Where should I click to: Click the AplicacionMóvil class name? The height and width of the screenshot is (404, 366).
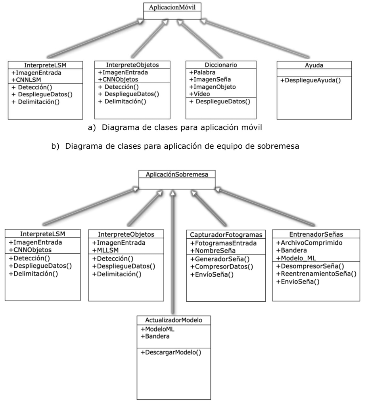click(172, 8)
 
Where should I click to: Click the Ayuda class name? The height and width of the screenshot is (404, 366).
click(314, 65)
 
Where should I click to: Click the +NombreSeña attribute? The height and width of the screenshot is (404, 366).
click(213, 250)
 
